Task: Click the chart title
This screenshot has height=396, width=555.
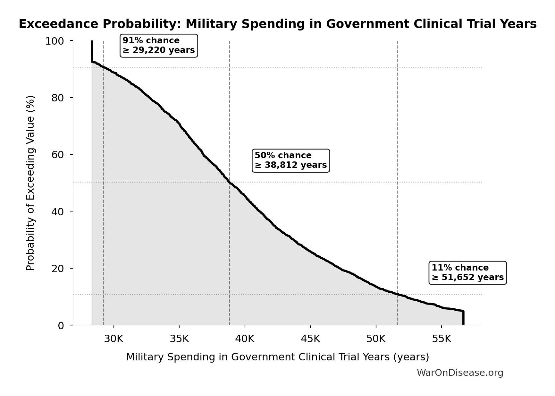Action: click(x=277, y=24)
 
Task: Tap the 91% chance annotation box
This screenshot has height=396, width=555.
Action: click(x=159, y=46)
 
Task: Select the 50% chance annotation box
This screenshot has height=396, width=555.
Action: click(x=290, y=160)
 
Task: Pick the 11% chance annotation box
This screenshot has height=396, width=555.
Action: click(x=467, y=273)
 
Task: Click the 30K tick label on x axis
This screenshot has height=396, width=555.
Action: click(x=114, y=339)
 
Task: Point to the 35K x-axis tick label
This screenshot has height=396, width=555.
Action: click(x=179, y=339)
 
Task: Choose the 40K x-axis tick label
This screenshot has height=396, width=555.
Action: click(x=245, y=339)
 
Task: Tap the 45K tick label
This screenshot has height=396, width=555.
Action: click(x=310, y=339)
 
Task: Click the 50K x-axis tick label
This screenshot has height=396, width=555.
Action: click(x=376, y=339)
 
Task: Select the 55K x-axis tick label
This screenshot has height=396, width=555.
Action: click(x=441, y=339)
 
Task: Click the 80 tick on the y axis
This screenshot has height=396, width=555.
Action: click(x=58, y=98)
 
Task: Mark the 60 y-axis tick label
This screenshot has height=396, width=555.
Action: click(x=58, y=155)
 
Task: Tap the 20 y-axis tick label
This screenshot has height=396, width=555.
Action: click(x=58, y=269)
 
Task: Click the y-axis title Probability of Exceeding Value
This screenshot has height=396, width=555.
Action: click(x=30, y=183)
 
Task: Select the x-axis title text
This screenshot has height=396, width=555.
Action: click(x=277, y=357)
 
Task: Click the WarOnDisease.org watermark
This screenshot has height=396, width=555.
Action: click(x=460, y=373)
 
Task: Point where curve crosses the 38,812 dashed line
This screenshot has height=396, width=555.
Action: click(x=230, y=182)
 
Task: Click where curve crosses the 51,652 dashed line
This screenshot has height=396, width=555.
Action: click(x=398, y=294)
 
